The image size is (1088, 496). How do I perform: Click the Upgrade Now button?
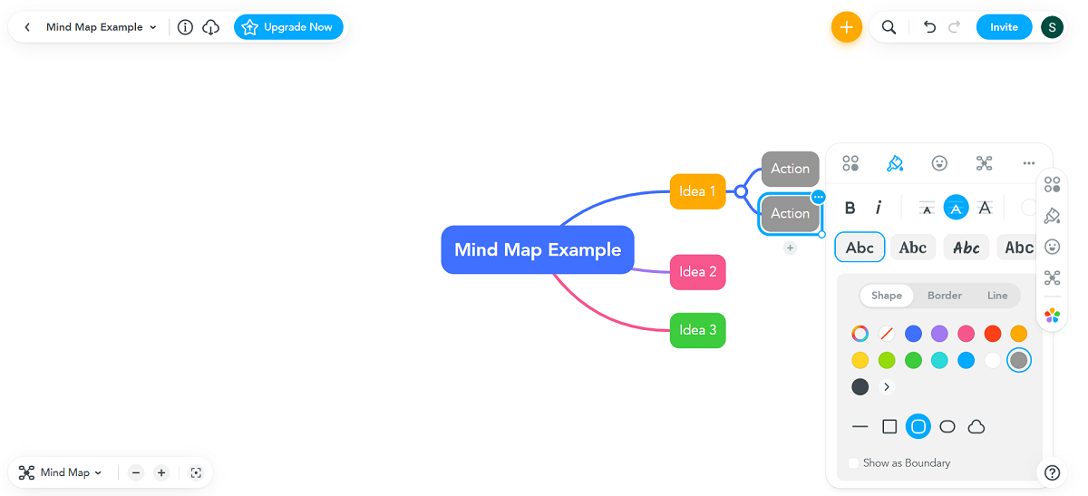(288, 27)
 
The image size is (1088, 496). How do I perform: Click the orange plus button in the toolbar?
(846, 27)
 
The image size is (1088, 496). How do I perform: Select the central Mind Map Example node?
(538, 249)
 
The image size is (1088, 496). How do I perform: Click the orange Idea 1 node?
(697, 191)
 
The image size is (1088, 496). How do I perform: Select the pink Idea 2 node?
(697, 272)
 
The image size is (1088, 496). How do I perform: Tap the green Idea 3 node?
(697, 330)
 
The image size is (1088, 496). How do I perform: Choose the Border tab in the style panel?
(945, 296)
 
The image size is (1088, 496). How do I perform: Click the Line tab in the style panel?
(997, 296)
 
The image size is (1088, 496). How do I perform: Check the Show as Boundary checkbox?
(854, 463)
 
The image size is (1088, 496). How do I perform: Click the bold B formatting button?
(850, 208)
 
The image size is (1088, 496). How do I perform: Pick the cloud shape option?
(976, 426)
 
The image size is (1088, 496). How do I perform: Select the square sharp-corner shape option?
(889, 426)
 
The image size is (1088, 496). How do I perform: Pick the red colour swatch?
(993, 334)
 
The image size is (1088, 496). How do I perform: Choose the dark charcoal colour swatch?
(860, 387)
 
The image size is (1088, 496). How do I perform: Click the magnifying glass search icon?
(889, 27)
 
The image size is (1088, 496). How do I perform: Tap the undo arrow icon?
(929, 27)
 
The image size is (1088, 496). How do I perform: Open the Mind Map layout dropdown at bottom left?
(62, 472)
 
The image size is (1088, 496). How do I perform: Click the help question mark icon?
(1052, 472)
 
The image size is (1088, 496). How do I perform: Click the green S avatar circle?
(1052, 27)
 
